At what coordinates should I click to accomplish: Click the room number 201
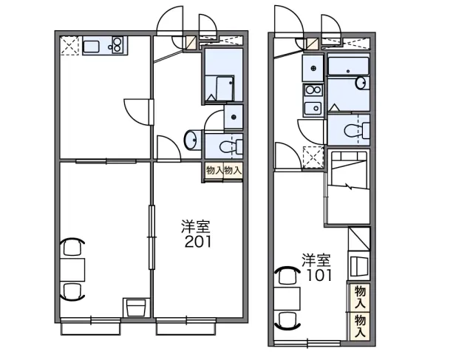click(198, 241)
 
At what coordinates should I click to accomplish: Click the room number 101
click(319, 275)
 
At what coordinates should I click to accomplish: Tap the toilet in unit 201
click(231, 146)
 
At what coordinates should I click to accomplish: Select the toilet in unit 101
click(357, 130)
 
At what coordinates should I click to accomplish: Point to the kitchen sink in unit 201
click(91, 47)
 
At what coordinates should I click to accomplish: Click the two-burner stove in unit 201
click(118, 45)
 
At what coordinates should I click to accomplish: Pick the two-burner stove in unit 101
click(313, 90)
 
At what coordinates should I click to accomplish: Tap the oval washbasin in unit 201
click(192, 140)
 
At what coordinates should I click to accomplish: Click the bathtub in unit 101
click(348, 66)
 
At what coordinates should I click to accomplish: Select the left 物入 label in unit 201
click(214, 171)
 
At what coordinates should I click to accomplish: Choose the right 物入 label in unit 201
click(233, 171)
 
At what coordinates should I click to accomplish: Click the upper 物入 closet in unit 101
click(360, 297)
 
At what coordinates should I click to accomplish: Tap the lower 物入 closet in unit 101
click(360, 326)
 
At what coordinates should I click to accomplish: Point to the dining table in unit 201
click(72, 270)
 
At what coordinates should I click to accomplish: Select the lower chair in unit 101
click(287, 321)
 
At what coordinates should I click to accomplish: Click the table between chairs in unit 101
click(287, 299)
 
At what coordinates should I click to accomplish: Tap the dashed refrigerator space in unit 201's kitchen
click(70, 46)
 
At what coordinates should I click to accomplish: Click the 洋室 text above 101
click(317, 261)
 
